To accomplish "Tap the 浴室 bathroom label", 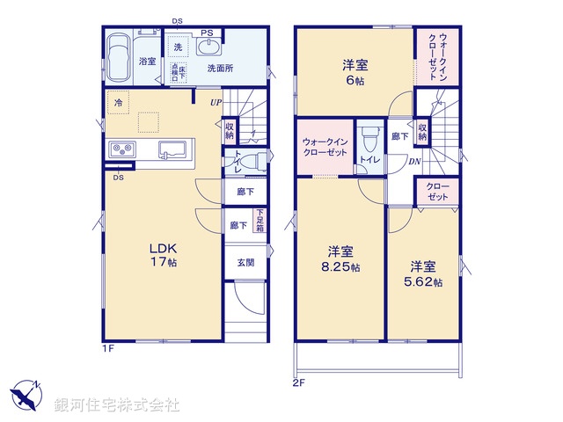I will [147, 62].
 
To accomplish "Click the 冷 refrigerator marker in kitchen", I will [117, 104].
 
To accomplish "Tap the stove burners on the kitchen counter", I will [121, 150].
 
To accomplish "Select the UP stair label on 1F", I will [216, 103].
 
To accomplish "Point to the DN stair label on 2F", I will [414, 161].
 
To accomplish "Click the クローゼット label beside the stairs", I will [437, 193].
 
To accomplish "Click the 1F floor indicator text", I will [107, 348].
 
